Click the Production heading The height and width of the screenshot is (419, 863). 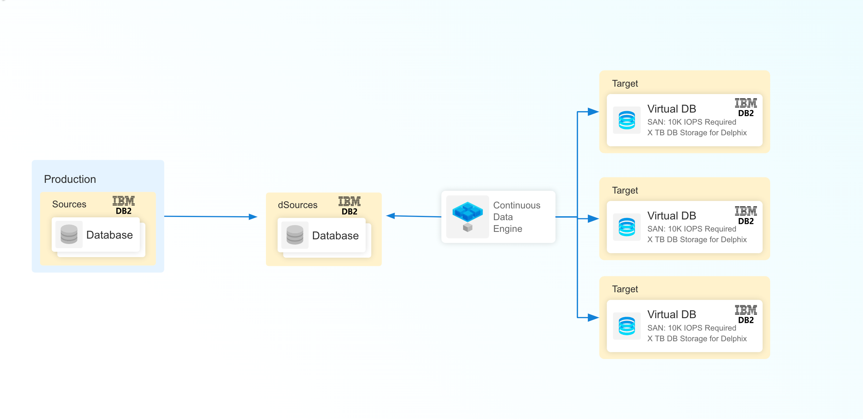tap(70, 179)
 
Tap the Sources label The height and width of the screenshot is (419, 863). tap(69, 204)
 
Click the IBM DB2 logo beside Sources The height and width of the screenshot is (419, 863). tap(123, 205)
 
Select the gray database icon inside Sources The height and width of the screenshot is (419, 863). tap(69, 234)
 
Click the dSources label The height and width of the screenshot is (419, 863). tap(297, 205)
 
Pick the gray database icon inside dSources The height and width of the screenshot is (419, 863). tap(295, 235)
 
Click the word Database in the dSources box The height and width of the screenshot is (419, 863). tap(335, 235)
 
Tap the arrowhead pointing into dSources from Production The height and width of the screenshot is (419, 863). tap(253, 217)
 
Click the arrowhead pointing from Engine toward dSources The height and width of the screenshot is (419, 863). tap(391, 216)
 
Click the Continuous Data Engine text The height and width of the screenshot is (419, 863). tap(516, 217)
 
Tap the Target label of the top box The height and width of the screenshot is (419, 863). tap(625, 83)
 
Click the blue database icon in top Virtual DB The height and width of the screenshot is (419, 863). tap(627, 120)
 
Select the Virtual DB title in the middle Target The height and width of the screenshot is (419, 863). tap(672, 216)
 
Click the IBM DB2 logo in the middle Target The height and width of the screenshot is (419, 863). tap(746, 216)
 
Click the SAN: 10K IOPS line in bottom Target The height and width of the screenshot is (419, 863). tap(691, 328)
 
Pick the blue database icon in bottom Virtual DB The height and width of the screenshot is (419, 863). tap(627, 326)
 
